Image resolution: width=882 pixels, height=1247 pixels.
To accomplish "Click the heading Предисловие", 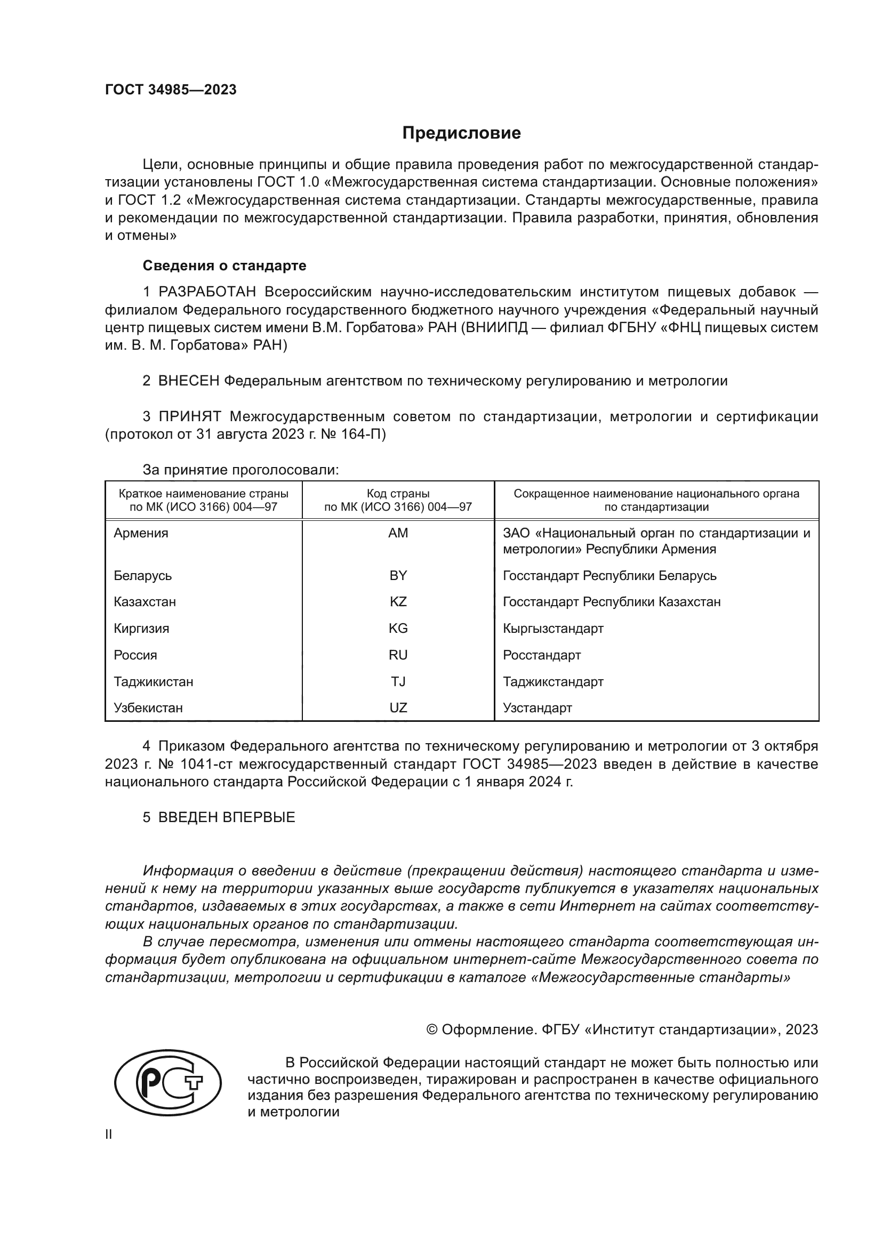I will point(461,133).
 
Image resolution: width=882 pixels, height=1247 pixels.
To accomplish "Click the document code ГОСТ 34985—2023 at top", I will point(171,90).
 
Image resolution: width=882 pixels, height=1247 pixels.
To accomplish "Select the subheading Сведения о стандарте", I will point(224,266).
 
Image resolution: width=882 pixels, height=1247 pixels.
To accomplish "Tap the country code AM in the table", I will point(398,533).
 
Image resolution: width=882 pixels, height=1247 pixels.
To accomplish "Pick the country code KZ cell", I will point(398,602).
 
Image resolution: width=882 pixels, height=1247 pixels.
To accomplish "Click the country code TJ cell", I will point(398,682).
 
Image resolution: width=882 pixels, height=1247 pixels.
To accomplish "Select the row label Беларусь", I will point(143,575).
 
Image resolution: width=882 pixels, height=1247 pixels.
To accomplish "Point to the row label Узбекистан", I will point(148,708).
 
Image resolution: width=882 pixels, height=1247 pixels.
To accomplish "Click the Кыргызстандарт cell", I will point(553,629).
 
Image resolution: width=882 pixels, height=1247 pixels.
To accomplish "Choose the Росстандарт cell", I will point(541,655).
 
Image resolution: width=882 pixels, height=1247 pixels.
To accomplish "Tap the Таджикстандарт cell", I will point(553,682).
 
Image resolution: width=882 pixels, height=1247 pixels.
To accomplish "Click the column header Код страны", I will point(398,494).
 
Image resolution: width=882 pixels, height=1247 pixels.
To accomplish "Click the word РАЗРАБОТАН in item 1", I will point(207,292).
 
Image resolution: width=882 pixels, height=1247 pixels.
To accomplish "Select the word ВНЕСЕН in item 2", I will point(188,381).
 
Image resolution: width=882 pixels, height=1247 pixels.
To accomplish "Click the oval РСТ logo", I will point(168,1087).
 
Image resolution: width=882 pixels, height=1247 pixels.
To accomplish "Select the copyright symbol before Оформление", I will point(432,1030).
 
